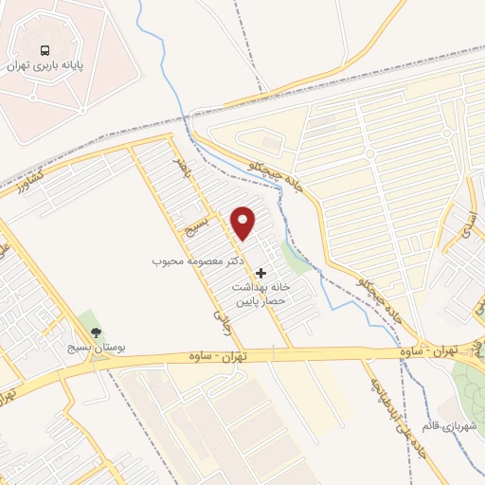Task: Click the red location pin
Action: pos(243,224)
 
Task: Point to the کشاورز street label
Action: pos(28,180)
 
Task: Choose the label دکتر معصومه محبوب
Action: pos(200,259)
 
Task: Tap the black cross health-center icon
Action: pos(261,273)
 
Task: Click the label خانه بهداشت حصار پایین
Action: pos(260,291)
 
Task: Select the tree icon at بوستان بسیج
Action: pos(95,332)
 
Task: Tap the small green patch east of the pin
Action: pos(296,257)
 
